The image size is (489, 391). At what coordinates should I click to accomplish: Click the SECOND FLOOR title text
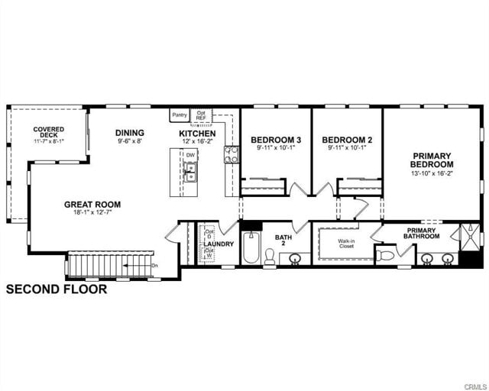point(57,289)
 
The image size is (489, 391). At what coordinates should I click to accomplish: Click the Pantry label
point(180,115)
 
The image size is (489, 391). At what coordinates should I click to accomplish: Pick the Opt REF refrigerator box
point(202,116)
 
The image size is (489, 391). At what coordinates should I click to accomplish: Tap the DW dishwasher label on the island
point(190,155)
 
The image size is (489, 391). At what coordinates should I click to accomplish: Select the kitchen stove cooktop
point(231,155)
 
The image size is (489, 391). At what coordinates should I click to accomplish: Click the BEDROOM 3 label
point(276,140)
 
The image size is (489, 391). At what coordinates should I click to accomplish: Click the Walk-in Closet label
point(347,244)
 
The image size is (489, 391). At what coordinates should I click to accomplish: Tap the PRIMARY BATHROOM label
point(423,233)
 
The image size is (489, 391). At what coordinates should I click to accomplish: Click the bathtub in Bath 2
point(251,248)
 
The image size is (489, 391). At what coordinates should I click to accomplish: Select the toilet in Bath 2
point(270,255)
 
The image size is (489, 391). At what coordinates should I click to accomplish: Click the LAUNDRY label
point(219,244)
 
